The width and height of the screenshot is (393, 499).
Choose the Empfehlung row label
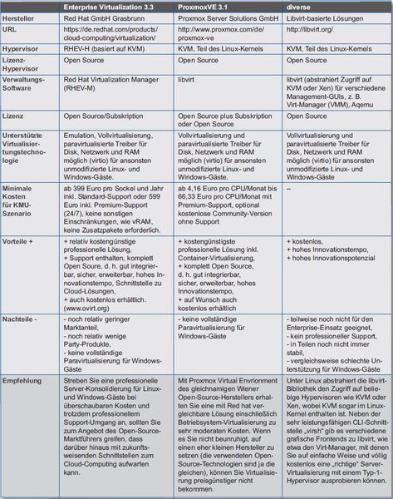(x=26, y=378)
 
